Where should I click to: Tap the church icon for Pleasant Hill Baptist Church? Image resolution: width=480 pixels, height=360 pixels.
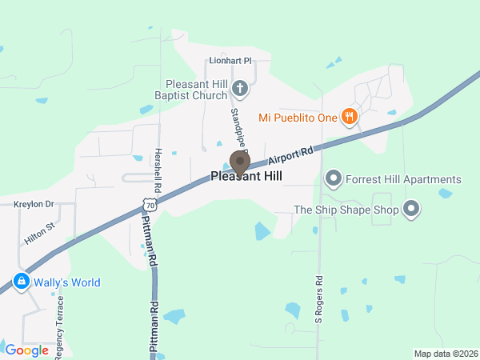click(x=238, y=86)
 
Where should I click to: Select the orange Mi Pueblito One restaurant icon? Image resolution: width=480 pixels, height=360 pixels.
click(x=349, y=118)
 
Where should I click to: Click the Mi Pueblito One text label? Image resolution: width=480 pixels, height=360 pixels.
click(x=298, y=118)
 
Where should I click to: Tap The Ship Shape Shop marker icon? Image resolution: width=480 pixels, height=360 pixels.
click(x=412, y=210)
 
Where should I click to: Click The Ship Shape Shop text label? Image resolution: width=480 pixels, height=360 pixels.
click(x=346, y=210)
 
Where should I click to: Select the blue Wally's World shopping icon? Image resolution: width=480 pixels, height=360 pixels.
click(x=21, y=282)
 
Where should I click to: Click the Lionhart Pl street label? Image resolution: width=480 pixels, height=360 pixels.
click(x=230, y=60)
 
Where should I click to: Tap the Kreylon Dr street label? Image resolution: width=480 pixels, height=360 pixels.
click(x=34, y=205)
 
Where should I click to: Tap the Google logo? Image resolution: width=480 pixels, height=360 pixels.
click(x=26, y=350)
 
